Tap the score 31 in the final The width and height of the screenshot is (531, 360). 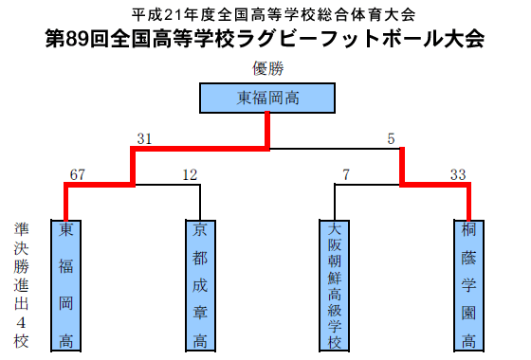point(144,139)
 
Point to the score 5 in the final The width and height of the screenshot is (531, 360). point(391,139)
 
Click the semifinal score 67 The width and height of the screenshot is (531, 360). point(78,174)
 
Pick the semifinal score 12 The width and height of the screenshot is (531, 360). point(190,174)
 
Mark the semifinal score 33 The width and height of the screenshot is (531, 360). point(458,174)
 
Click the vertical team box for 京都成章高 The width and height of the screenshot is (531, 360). point(200,284)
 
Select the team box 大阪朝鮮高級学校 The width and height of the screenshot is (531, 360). point(335,284)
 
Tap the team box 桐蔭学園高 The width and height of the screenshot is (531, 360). point(469,284)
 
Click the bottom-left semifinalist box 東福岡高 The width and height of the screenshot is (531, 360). point(65,284)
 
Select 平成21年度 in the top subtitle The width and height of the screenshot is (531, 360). point(166,15)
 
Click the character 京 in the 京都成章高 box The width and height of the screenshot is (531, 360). point(200,231)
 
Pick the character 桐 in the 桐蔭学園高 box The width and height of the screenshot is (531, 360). point(469,231)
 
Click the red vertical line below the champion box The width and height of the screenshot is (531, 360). point(268,130)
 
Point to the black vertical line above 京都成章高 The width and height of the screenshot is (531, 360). point(200,201)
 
